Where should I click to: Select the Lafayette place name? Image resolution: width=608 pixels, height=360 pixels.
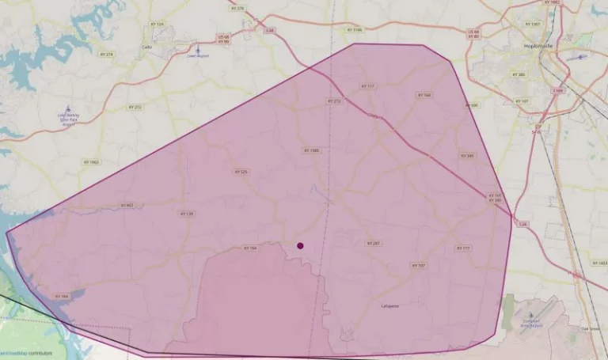pos(390,305)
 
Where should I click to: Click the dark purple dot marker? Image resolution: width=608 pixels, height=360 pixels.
pos(300,245)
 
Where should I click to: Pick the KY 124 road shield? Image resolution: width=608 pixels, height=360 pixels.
pos(160,25)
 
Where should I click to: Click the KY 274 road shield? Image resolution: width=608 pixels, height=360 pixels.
pos(107,54)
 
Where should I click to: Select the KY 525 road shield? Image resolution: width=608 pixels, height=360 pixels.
pos(241,172)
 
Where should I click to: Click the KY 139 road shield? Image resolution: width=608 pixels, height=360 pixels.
pos(187,214)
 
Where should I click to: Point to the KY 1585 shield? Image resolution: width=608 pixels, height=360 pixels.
pos(310,150)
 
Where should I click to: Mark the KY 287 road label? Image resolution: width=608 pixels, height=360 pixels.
pos(373,243)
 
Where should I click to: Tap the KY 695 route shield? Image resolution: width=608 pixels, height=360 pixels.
pos(473,105)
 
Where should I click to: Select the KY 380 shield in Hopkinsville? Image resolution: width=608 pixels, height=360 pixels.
pos(519,74)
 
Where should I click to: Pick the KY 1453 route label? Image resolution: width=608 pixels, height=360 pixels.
pos(602,263)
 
